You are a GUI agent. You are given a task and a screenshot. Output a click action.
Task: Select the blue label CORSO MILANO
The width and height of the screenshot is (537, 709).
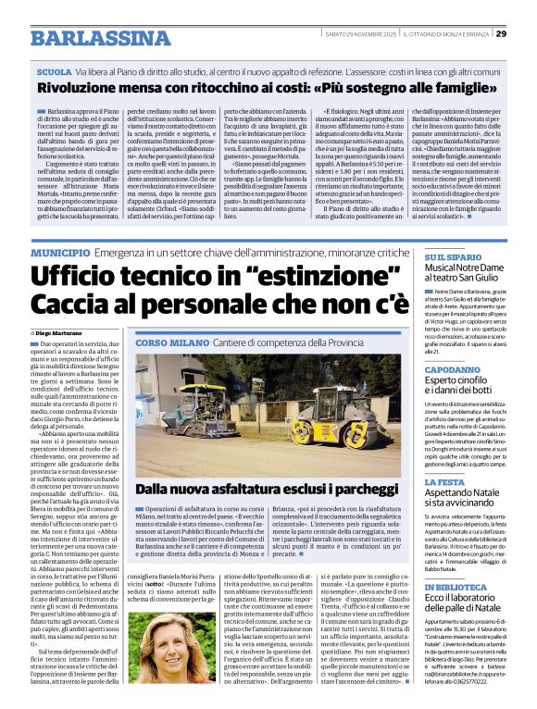172,343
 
